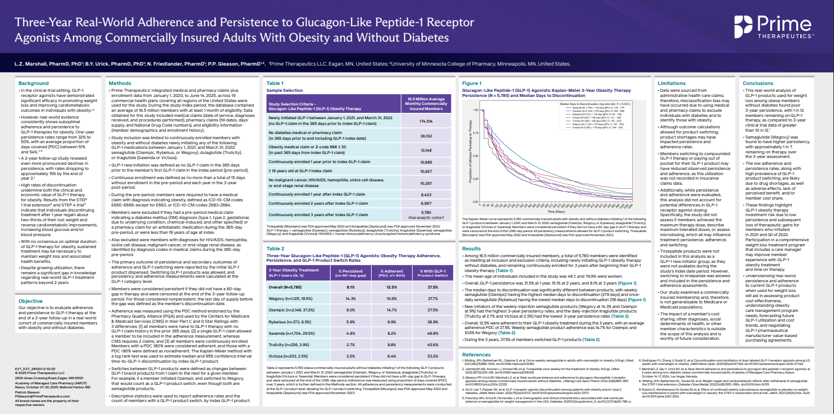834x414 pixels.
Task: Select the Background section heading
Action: point(34,83)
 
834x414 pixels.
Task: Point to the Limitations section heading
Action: point(672,83)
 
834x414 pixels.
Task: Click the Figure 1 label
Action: point(472,83)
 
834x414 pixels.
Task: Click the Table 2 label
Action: point(275,249)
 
